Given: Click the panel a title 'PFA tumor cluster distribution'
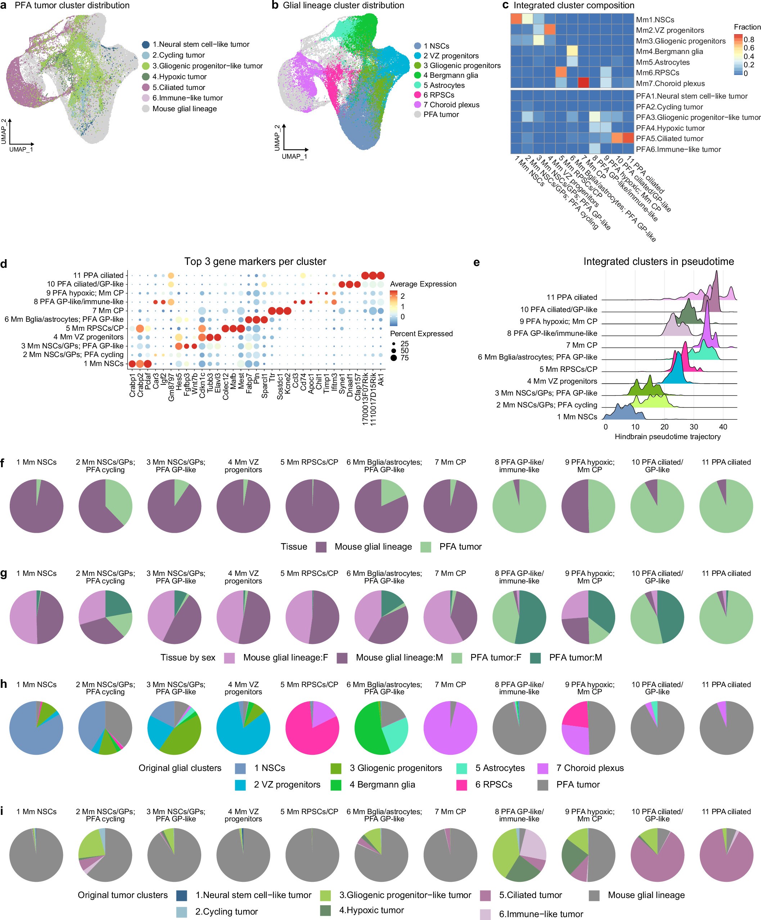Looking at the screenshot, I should click(x=72, y=6).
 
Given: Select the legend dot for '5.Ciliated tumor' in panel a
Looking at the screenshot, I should click(x=146, y=87).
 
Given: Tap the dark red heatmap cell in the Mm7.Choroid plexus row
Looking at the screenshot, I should click(x=583, y=82).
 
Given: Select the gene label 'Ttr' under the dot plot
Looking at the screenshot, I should click(x=272, y=377).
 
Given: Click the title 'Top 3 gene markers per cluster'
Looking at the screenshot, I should click(x=255, y=262).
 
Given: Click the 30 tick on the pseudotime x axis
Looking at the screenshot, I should click(x=694, y=427).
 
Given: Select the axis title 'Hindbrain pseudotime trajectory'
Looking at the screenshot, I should click(x=667, y=436).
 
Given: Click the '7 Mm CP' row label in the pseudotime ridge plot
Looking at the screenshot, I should click(x=581, y=345).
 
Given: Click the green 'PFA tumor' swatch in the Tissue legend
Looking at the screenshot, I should click(x=425, y=547).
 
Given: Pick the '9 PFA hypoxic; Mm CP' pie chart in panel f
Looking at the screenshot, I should click(x=588, y=506).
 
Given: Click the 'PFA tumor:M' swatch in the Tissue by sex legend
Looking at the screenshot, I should click(x=535, y=658).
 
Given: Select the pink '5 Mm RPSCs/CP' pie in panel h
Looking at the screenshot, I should click(x=312, y=728).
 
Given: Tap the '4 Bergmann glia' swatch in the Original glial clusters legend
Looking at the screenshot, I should click(x=336, y=785).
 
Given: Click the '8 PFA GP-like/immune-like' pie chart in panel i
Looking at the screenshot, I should click(x=519, y=855).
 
